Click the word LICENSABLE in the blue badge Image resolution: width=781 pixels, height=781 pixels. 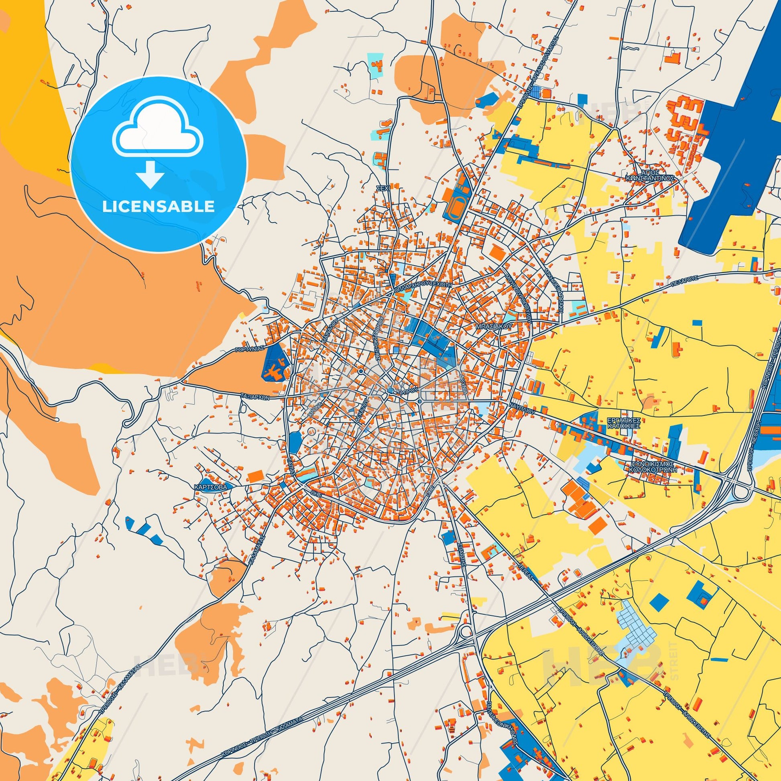click(x=159, y=207)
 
